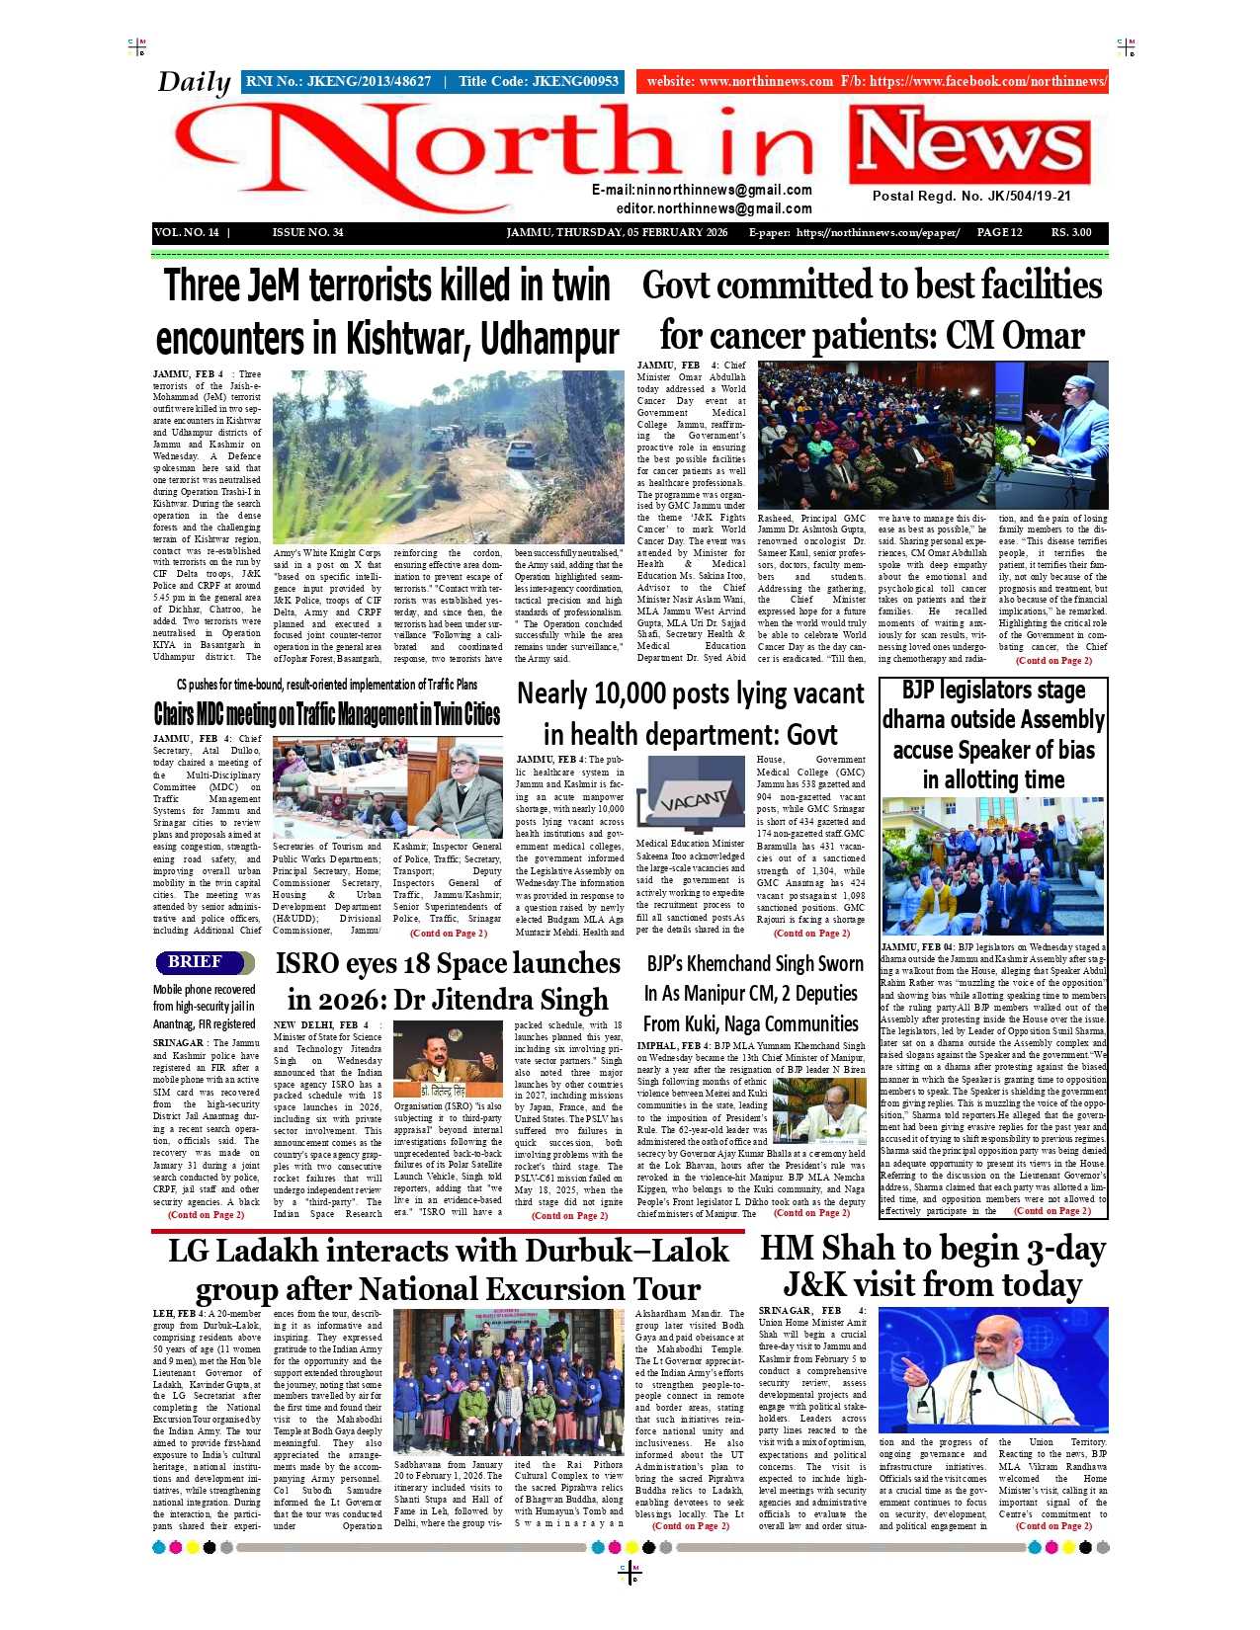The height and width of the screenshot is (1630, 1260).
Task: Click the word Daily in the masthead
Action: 194,82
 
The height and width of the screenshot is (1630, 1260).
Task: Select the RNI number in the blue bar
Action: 338,81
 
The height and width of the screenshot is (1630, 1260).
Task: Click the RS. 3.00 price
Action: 1071,232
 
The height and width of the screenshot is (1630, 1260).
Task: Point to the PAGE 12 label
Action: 999,232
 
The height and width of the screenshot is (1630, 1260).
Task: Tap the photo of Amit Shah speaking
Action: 992,1369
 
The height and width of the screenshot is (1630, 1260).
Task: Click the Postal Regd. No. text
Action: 971,196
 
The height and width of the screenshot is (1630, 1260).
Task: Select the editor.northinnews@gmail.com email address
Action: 714,208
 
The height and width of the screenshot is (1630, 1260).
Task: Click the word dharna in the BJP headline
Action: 928,719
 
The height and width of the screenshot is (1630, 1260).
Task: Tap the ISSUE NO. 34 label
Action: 307,232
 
